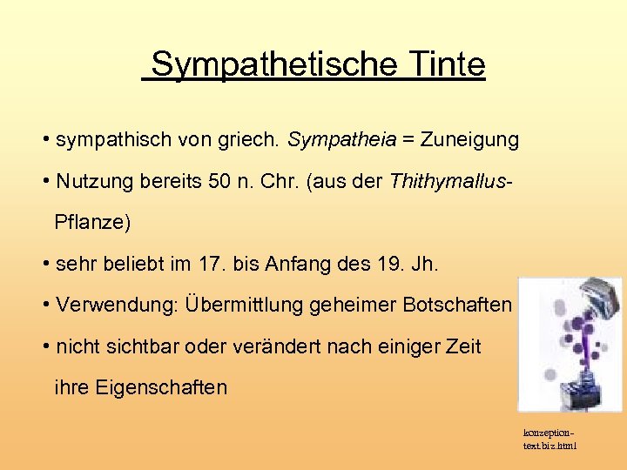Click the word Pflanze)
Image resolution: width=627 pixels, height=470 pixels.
tap(92, 222)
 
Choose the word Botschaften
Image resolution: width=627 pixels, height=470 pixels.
tap(457, 305)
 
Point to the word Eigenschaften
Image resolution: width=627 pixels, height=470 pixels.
tap(140, 387)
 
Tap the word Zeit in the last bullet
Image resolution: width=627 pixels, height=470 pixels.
tap(462, 346)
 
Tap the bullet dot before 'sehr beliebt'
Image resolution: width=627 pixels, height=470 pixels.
tap(44, 264)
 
